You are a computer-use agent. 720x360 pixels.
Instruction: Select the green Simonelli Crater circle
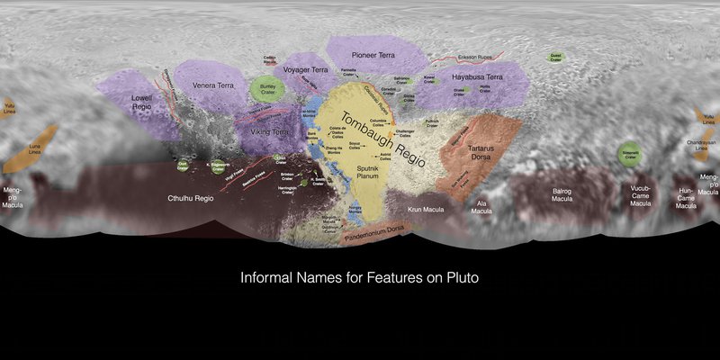633,154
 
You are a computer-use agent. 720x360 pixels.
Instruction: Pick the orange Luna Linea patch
36,148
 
